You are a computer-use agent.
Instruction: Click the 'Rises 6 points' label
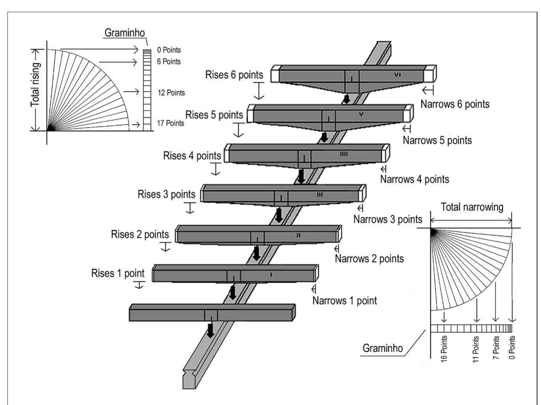[x=234, y=75]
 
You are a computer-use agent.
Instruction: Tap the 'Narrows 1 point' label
[x=344, y=301]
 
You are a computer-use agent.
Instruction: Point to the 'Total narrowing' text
[x=472, y=207]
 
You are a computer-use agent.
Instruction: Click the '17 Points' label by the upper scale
[x=170, y=123]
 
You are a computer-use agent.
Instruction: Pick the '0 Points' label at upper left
[x=169, y=50]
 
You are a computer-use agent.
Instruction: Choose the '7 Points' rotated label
[x=496, y=348]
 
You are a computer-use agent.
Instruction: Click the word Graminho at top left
[x=124, y=33]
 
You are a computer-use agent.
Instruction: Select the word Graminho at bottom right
[x=382, y=348]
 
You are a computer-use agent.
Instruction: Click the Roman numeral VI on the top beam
[x=397, y=74]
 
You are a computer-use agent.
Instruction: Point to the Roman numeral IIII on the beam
[x=344, y=154]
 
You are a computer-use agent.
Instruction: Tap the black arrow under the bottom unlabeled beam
[x=211, y=330]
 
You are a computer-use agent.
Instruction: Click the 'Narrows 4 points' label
[x=414, y=180]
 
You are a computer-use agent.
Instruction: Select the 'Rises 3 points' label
[x=166, y=194]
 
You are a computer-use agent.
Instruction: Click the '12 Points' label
[x=171, y=93]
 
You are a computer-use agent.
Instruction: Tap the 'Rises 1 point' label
[x=118, y=273]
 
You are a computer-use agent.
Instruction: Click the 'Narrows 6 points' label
[x=455, y=104]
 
